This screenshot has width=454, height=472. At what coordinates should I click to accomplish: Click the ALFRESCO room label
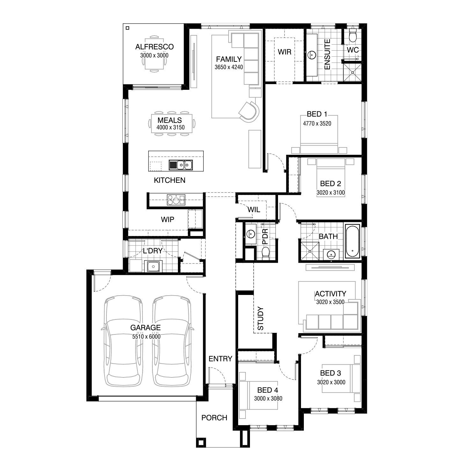[x=154, y=47]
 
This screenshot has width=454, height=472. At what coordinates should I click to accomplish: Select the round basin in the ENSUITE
[x=311, y=55]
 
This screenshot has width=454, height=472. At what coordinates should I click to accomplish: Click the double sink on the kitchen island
[x=181, y=165]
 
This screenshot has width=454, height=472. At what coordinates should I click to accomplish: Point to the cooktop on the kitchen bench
[x=176, y=200]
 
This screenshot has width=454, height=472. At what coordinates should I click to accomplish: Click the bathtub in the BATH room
[x=353, y=242]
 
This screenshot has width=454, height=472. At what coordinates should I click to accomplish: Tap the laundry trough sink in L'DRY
[x=153, y=266]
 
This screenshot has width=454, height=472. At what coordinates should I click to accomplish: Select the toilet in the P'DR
[x=266, y=253]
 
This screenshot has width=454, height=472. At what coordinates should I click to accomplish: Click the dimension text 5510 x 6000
[x=146, y=337]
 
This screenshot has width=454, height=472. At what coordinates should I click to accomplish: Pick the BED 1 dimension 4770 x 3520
[x=317, y=124]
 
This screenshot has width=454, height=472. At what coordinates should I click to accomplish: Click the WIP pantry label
[x=167, y=219]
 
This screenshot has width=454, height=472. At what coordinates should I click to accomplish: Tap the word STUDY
[x=260, y=318]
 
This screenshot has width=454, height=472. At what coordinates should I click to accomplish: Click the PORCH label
[x=214, y=418]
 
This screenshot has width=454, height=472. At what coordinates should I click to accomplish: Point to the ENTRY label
[x=220, y=359]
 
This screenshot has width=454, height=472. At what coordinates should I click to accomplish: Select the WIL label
[x=254, y=210]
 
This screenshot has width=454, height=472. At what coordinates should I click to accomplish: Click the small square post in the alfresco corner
[x=128, y=28]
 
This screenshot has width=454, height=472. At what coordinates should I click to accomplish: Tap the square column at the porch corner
[x=201, y=443]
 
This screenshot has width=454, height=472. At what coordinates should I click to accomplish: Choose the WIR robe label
[x=284, y=52]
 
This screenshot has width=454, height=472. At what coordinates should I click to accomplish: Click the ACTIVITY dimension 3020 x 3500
[x=330, y=302]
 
